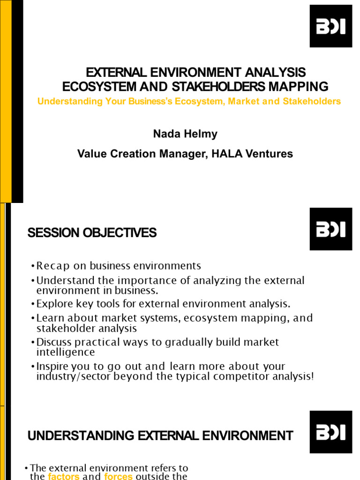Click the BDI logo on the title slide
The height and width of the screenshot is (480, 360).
330,26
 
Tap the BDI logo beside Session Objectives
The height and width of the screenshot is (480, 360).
330,229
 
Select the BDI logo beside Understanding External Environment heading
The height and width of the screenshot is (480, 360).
330,432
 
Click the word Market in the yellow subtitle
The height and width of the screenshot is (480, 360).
243,101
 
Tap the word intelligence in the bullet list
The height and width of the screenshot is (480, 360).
66,352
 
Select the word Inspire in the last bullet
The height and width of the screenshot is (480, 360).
52,366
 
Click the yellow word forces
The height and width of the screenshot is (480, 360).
118,476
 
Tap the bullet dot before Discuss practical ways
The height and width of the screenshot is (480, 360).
33,342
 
